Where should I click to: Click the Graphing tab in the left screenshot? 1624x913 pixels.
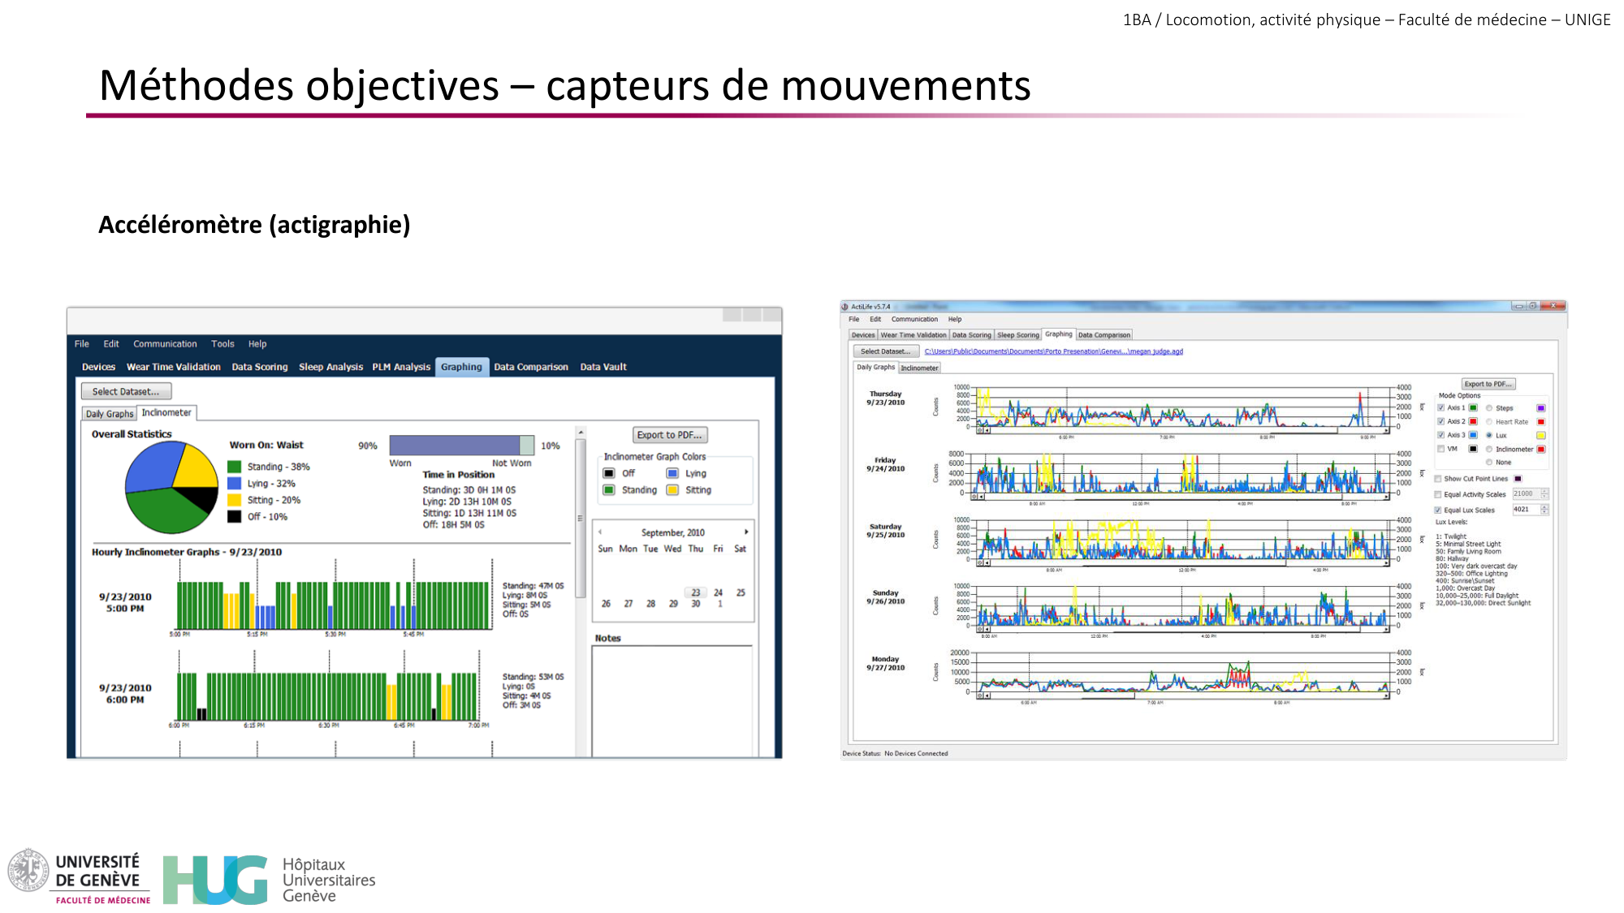click(x=461, y=367)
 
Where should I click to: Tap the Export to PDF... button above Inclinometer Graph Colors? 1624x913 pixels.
click(x=669, y=435)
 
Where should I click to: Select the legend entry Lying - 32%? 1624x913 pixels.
click(x=270, y=484)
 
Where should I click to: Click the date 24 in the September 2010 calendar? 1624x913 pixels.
click(x=718, y=592)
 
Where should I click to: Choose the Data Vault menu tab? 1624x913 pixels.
click(x=603, y=367)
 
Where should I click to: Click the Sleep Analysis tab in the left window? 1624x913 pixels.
click(x=330, y=367)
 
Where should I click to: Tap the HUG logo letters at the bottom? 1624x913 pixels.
click(x=215, y=880)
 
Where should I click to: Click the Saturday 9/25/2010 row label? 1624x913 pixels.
click(x=885, y=531)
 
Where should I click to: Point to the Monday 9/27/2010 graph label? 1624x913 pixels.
click(x=885, y=664)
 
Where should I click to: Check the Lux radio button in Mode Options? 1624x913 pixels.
click(x=1489, y=436)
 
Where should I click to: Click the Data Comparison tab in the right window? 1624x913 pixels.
click(x=1104, y=335)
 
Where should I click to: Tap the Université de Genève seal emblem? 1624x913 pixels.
click(x=28, y=870)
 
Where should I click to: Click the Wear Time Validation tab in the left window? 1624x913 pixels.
click(x=173, y=367)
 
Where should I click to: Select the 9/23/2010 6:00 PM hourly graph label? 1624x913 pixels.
click(x=125, y=694)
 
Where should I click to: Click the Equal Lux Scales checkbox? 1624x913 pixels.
click(x=1438, y=510)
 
